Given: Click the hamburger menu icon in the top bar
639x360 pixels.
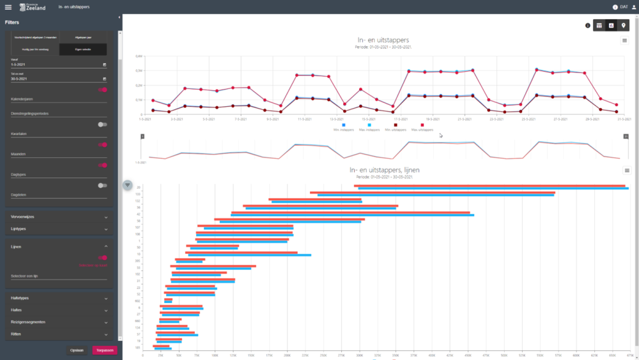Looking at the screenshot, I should click(x=8, y=7).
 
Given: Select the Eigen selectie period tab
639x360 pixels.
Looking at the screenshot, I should click(x=83, y=49).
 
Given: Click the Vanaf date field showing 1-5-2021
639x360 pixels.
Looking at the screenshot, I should click(x=54, y=65).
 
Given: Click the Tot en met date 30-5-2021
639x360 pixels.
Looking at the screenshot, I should click(x=54, y=79).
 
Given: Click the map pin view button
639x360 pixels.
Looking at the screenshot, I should click(x=624, y=25).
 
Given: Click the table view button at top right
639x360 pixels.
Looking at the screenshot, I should click(x=599, y=25).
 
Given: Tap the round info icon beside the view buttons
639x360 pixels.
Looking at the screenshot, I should click(x=587, y=26).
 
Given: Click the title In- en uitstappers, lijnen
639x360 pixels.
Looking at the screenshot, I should click(x=384, y=169).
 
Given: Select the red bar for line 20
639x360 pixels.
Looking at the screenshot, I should click(x=489, y=186).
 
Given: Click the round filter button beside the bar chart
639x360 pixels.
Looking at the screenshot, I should click(x=128, y=185).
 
